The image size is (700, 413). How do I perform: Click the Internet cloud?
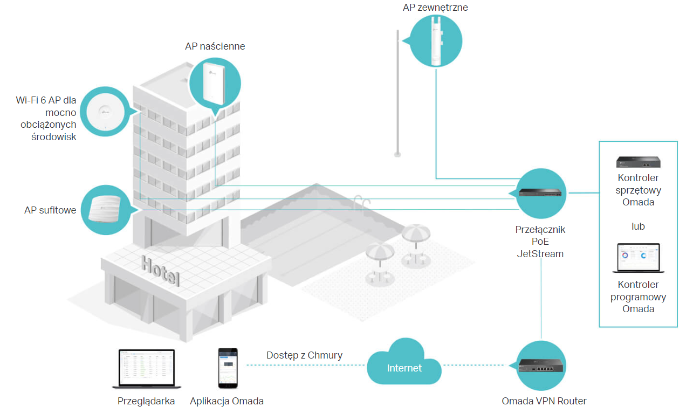pyautogui.click(x=404, y=362)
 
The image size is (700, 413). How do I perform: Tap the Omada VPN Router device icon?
pyautogui.click(x=540, y=366)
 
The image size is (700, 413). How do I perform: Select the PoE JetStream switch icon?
pyautogui.click(x=540, y=193)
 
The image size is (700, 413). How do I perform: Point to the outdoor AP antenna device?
pyautogui.click(x=436, y=41)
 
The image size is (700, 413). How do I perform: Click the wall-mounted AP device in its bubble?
pyautogui.click(x=214, y=84)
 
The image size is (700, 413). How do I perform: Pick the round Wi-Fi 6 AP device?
pyautogui.click(x=105, y=112)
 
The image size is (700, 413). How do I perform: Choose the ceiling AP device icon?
pyautogui.click(x=105, y=209)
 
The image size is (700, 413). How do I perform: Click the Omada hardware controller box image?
pyautogui.click(x=638, y=162)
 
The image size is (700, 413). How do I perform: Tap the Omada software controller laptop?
pyautogui.click(x=638, y=258)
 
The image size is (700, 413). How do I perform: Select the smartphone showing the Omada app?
pyautogui.click(x=228, y=368)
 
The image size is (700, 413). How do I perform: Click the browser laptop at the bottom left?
pyautogui.click(x=147, y=369)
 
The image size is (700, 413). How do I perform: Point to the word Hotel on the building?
pyautogui.click(x=161, y=271)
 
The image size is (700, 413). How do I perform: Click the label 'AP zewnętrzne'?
pyautogui.click(x=435, y=8)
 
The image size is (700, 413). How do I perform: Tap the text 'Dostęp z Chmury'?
pyautogui.click(x=304, y=355)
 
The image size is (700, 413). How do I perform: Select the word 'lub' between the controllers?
pyautogui.click(x=638, y=226)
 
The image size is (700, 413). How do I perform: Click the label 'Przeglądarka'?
pyautogui.click(x=146, y=401)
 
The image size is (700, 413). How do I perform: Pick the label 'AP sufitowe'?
pyautogui.click(x=50, y=210)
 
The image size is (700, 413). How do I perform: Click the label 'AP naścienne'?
pyautogui.click(x=215, y=46)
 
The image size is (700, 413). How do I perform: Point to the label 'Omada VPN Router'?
pyautogui.click(x=544, y=401)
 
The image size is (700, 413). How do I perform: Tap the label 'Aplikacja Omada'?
pyautogui.click(x=227, y=401)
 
